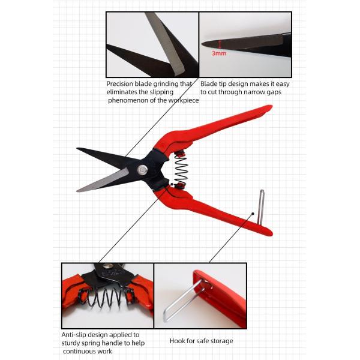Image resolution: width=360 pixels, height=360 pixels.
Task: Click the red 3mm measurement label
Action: [219, 53]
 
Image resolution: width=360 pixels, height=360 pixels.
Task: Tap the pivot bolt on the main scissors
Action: [143, 170]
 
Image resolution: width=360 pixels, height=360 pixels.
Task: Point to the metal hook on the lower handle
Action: [260, 207]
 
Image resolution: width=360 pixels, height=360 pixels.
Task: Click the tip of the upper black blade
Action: [77, 149]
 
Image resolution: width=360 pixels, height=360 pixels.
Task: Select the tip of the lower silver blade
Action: [77, 191]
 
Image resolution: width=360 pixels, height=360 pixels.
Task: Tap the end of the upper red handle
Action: [271, 107]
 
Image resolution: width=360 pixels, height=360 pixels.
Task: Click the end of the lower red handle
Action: [271, 233]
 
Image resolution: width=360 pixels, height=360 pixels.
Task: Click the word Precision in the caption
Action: [119, 84]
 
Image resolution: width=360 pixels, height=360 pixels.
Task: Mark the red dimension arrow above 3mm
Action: [220, 44]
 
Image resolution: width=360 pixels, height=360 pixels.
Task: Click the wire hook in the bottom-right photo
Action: [184, 299]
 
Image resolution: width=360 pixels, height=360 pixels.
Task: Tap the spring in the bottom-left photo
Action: [107, 298]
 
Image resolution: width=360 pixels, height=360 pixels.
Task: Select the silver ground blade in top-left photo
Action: [166, 44]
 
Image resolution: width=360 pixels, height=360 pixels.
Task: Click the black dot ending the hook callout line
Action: [253, 214]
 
